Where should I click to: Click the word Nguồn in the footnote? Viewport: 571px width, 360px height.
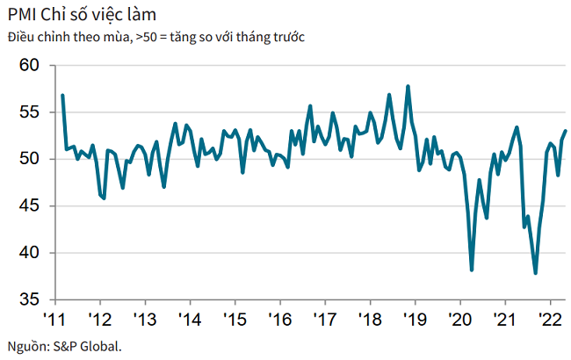[25, 345]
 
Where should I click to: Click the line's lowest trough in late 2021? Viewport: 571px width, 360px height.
[536, 273]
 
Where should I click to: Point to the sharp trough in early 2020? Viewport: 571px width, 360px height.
[473, 270]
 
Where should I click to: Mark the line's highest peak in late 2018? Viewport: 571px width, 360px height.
[408, 86]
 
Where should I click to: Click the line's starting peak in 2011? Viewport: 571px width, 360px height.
[62, 95]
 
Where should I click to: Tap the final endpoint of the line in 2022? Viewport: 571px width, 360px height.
[565, 131]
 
